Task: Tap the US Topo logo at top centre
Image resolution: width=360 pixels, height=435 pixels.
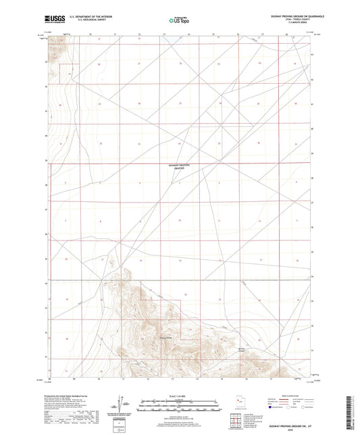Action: (x=179, y=21)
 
